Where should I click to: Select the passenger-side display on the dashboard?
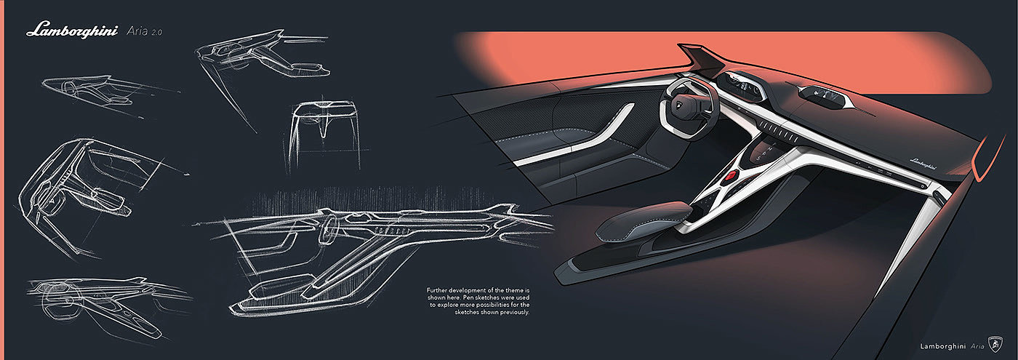pyautogui.click(x=819, y=94)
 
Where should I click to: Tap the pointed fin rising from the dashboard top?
pyautogui.click(x=702, y=58)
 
